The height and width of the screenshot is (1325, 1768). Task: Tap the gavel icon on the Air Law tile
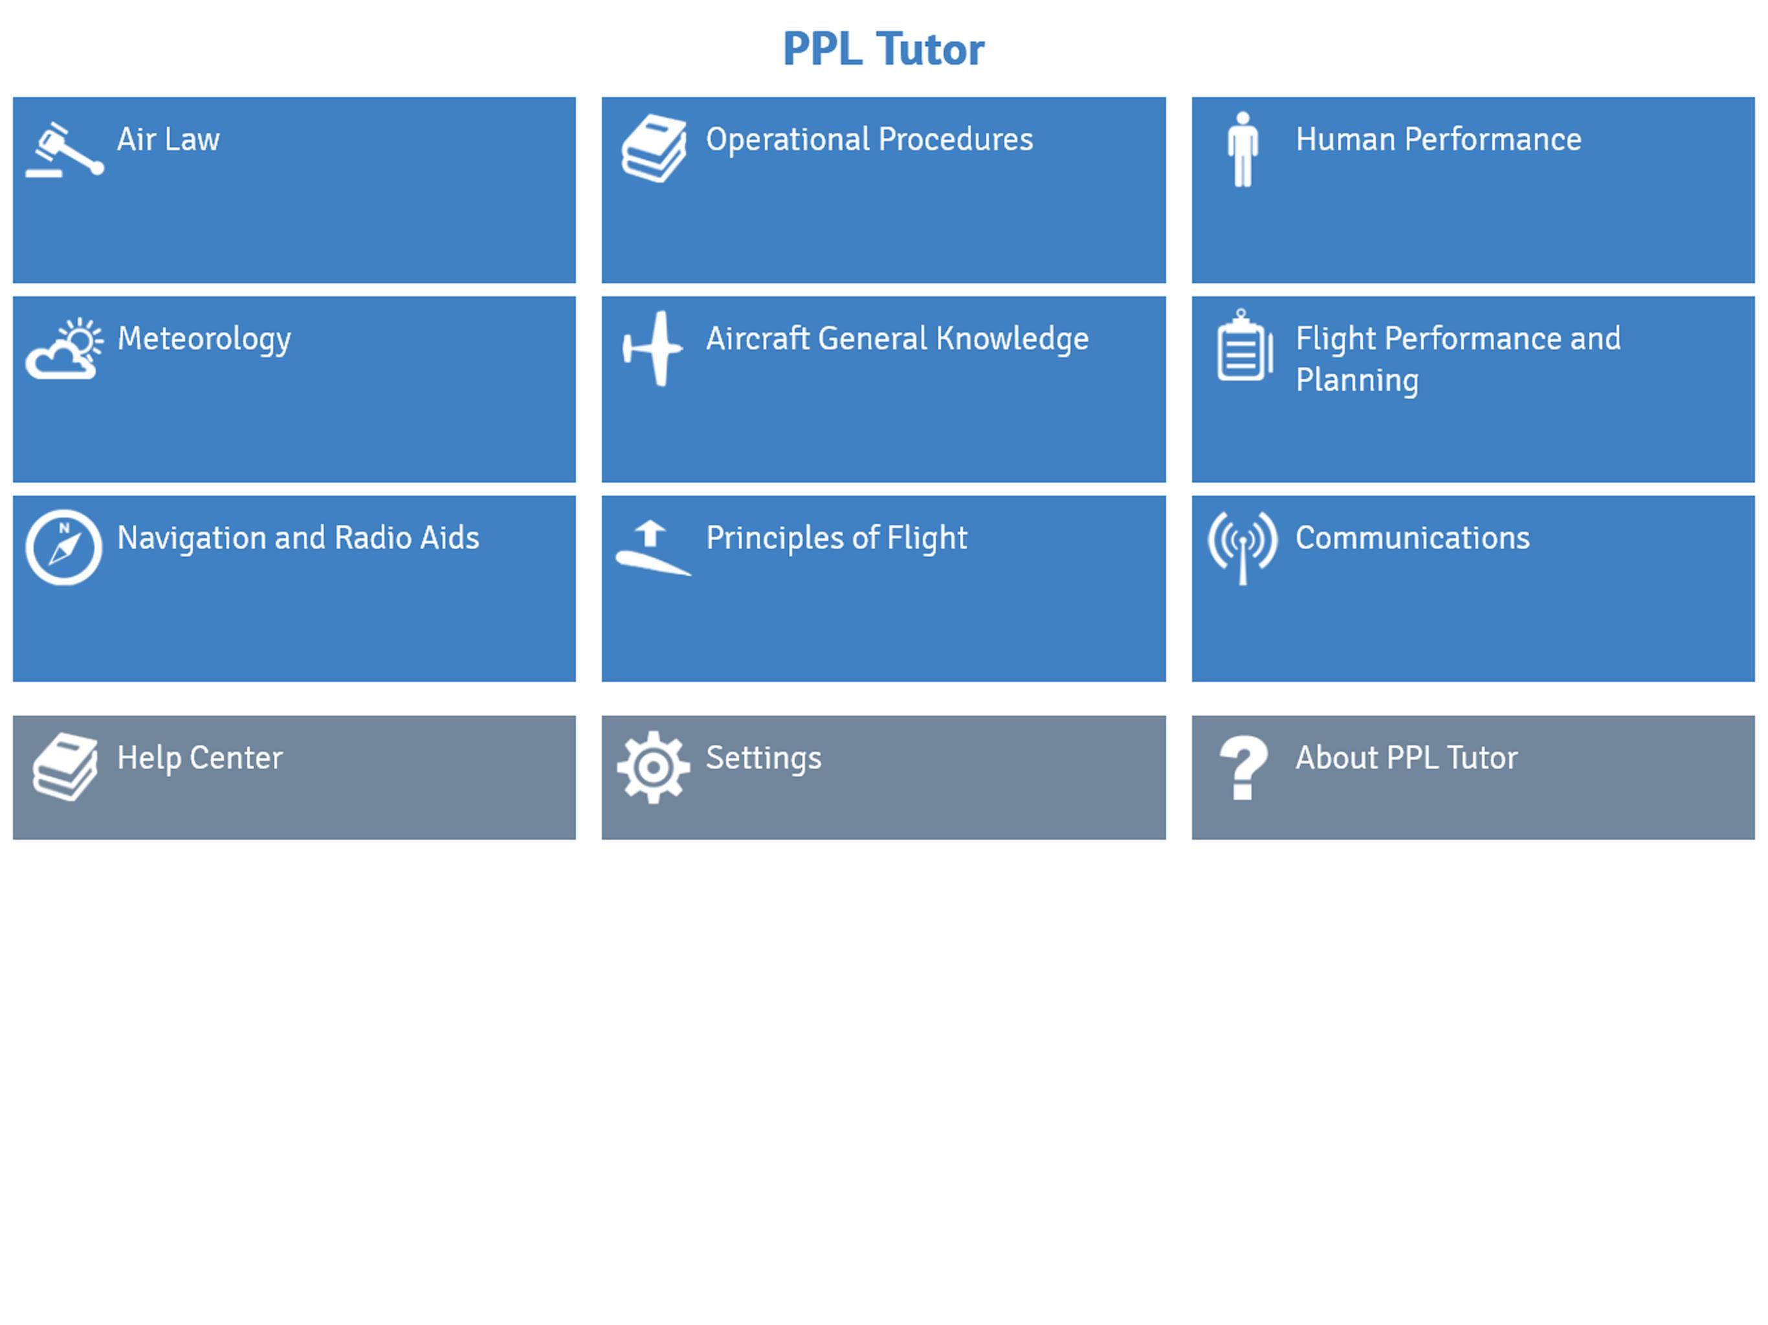click(65, 149)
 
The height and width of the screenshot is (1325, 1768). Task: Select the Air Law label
click(168, 139)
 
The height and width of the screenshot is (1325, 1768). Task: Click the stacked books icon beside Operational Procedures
click(654, 149)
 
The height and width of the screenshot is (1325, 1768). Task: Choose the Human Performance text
click(1438, 139)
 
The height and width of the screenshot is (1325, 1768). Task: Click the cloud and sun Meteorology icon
click(64, 349)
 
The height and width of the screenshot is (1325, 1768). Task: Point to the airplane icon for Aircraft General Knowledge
click(653, 349)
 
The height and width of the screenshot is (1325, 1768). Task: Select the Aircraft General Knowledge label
click(897, 339)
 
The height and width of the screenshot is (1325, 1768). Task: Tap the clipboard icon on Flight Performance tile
click(1244, 345)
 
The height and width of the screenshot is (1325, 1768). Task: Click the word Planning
click(1357, 380)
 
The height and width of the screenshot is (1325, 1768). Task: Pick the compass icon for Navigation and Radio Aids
click(64, 547)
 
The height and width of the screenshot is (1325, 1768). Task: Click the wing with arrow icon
click(653, 547)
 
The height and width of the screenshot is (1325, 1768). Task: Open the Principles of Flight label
click(836, 538)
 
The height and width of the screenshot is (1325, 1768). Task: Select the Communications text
click(1412, 538)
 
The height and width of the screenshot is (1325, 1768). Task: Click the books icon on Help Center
click(65, 767)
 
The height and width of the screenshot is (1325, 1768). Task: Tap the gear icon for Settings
click(653, 767)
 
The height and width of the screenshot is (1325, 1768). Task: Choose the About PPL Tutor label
click(1406, 758)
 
